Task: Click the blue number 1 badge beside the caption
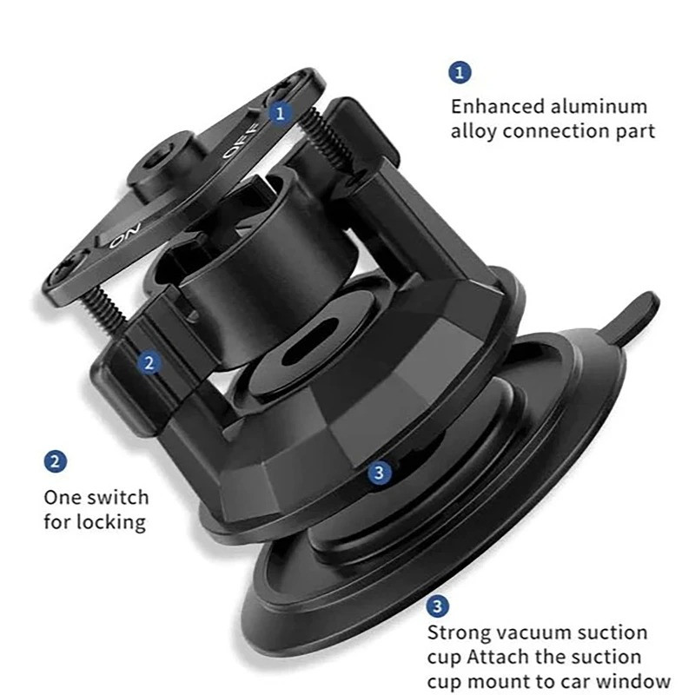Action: coord(460,72)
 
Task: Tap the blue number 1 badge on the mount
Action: coord(280,114)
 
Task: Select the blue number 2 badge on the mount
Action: coord(149,363)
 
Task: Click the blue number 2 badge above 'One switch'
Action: coord(56,461)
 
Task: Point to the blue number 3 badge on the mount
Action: coord(379,473)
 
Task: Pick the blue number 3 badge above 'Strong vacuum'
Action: coord(438,606)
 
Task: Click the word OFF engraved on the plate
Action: coord(240,141)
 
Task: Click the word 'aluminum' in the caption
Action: coord(599,107)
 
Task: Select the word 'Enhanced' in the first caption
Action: coord(497,107)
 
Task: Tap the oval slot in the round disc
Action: coord(314,347)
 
